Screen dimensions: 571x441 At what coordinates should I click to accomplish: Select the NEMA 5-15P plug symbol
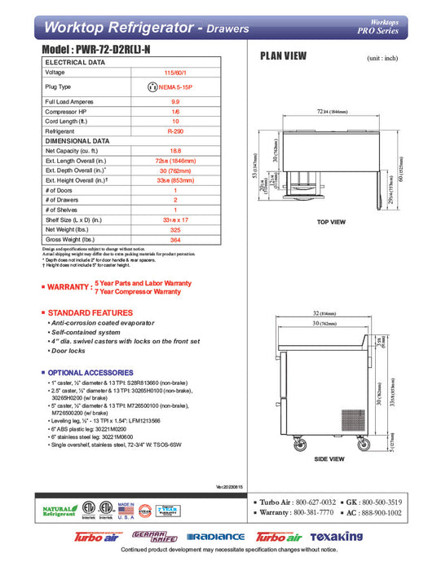[x=152, y=86]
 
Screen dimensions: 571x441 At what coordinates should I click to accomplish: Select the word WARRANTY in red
[x=69, y=287]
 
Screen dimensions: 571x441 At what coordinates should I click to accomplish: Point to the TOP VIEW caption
[x=331, y=222]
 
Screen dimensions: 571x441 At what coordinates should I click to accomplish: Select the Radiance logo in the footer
[x=216, y=536]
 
